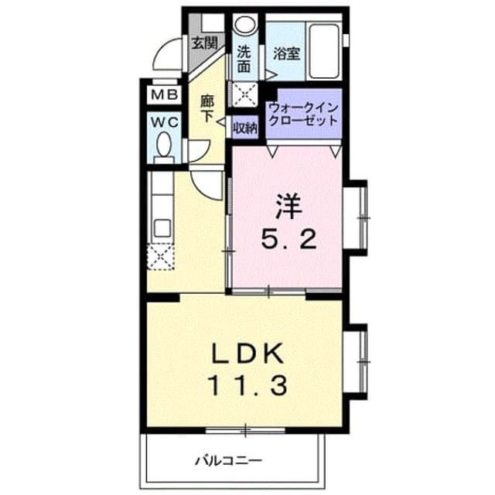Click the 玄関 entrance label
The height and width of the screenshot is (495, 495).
205,43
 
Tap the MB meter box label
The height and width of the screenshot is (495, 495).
164,94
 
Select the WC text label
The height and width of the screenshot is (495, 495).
164,123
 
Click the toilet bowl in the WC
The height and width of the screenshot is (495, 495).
164,145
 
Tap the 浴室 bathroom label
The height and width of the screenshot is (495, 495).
287,53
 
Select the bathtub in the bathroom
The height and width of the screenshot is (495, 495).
324,51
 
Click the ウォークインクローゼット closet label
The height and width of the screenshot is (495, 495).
304,114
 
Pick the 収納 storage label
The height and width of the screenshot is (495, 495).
245,128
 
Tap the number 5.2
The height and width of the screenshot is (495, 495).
288,239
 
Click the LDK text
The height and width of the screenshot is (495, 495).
247,354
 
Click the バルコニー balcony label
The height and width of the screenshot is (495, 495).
228,462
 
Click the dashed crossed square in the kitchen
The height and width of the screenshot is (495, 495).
161,257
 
